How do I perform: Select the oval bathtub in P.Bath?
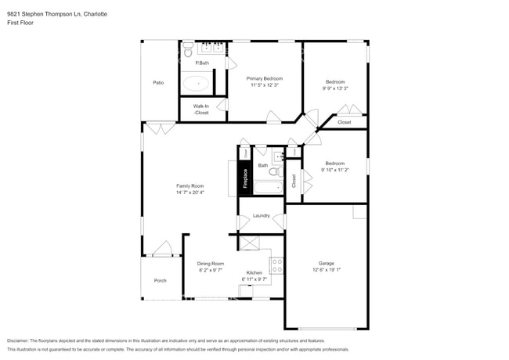coord(197,82)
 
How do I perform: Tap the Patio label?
coord(158,82)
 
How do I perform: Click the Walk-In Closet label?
coord(201,110)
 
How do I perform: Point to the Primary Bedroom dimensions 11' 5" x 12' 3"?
coord(265,85)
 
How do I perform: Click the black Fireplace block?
coord(245,178)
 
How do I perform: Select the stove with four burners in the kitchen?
coord(276,265)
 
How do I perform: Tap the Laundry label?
coord(262,215)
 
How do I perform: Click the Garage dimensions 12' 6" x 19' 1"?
coord(327,270)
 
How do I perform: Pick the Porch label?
coord(160,280)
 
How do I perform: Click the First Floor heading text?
coord(21,23)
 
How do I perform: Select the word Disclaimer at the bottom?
coord(21,341)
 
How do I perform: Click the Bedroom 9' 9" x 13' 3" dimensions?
coord(335,88)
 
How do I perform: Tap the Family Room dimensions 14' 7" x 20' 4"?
coord(190,192)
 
